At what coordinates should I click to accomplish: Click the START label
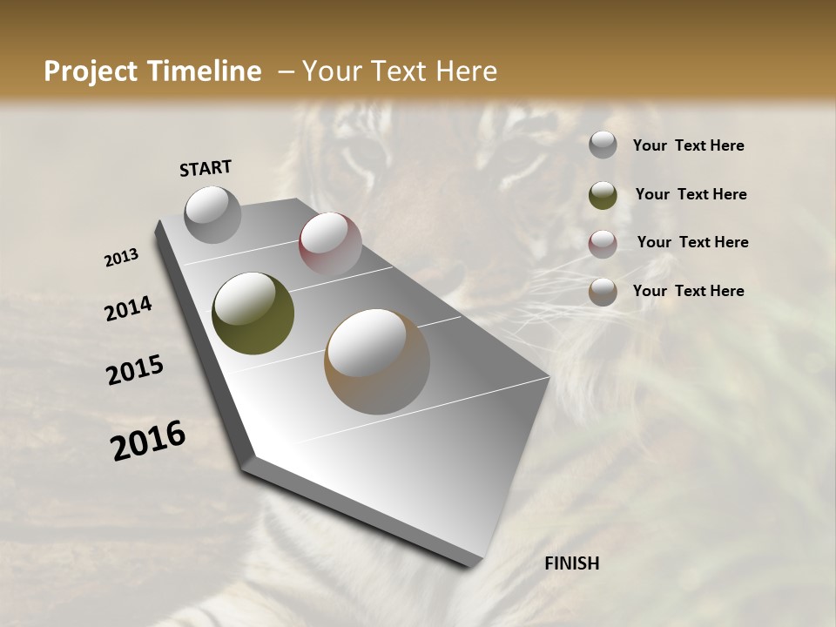(x=206, y=168)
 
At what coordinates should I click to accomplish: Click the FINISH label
(x=571, y=563)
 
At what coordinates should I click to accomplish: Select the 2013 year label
(x=122, y=258)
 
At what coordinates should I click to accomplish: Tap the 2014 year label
(x=129, y=309)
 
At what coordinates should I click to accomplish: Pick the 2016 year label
(x=148, y=441)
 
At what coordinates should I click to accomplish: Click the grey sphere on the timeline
(x=212, y=214)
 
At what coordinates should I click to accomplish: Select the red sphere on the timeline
(x=330, y=243)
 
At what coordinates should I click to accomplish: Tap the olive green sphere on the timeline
(x=253, y=313)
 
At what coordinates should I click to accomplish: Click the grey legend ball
(x=603, y=145)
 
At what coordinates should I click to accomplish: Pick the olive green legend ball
(x=603, y=195)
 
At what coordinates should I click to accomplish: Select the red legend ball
(x=603, y=244)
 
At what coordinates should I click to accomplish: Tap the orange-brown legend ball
(x=603, y=293)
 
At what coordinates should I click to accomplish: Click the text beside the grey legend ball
(x=688, y=146)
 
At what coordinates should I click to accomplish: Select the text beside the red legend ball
(x=692, y=242)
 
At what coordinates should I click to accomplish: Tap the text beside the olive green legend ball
(x=691, y=194)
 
